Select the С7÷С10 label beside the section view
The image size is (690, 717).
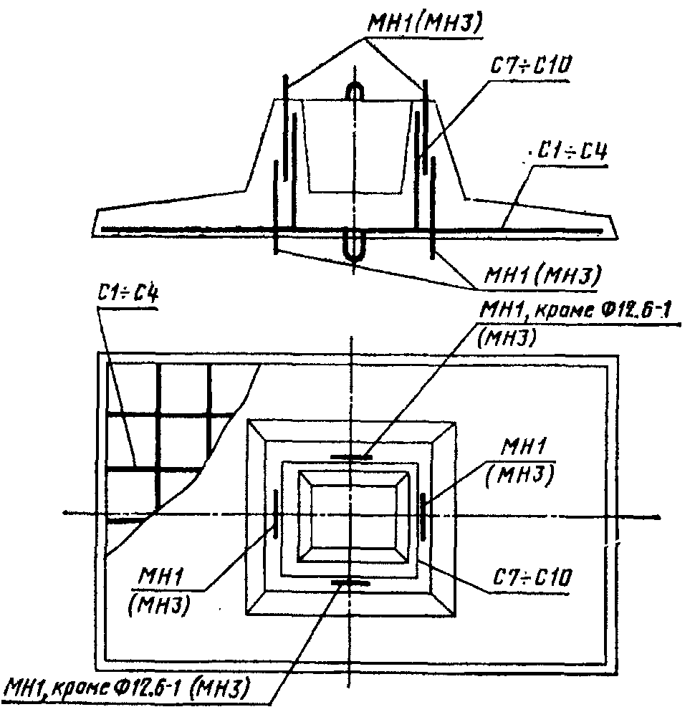pyautogui.click(x=531, y=67)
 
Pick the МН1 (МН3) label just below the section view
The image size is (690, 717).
pyautogui.click(x=543, y=275)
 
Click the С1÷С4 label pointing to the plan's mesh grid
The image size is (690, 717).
pyautogui.click(x=128, y=293)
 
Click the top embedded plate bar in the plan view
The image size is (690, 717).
pyautogui.click(x=351, y=457)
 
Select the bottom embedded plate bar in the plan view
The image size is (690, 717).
pyautogui.click(x=351, y=582)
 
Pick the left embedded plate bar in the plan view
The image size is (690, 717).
pyautogui.click(x=275, y=514)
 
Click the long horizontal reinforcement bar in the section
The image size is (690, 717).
pyautogui.click(x=353, y=229)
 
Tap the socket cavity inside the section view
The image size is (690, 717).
pyautogui.click(x=355, y=145)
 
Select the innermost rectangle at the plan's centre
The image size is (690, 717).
pyautogui.click(x=353, y=516)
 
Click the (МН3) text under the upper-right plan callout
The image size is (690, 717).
pyautogui.click(x=507, y=338)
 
